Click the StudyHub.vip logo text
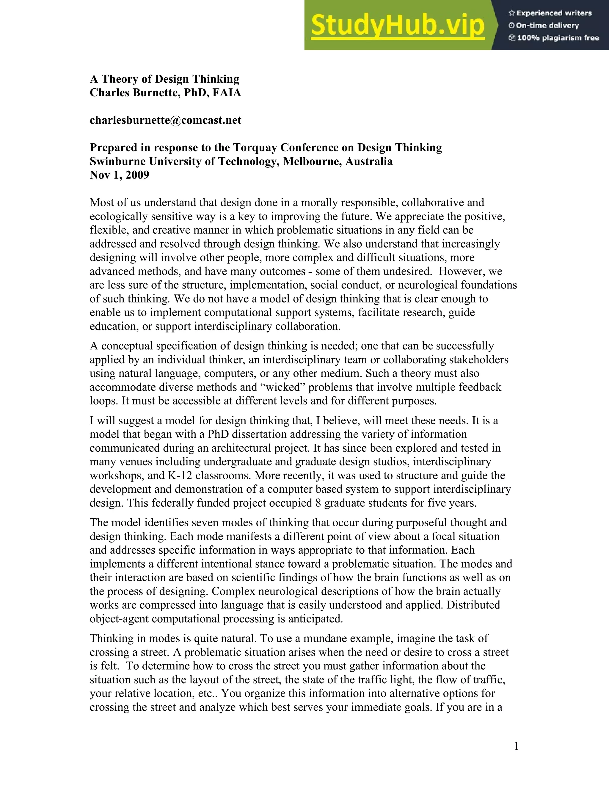397,25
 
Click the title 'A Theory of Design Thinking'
164,79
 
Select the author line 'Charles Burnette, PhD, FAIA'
165,93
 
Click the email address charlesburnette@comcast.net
165,120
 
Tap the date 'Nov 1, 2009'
120,175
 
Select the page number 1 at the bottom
516,746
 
